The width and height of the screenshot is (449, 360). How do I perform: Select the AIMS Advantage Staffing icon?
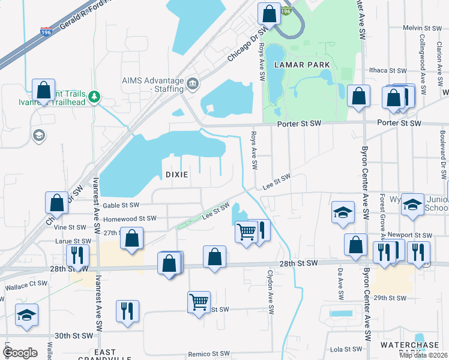[x=193, y=82]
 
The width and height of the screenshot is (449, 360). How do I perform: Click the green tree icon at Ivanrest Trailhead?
[x=94, y=96]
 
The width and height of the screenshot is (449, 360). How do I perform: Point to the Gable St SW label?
[x=120, y=205]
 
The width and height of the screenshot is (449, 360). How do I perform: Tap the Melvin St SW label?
[x=422, y=28]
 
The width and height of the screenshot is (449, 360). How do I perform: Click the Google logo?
[x=20, y=352]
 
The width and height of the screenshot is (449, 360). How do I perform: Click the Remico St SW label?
[x=209, y=354]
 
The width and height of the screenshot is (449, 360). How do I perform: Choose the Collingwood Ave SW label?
[x=423, y=66]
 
